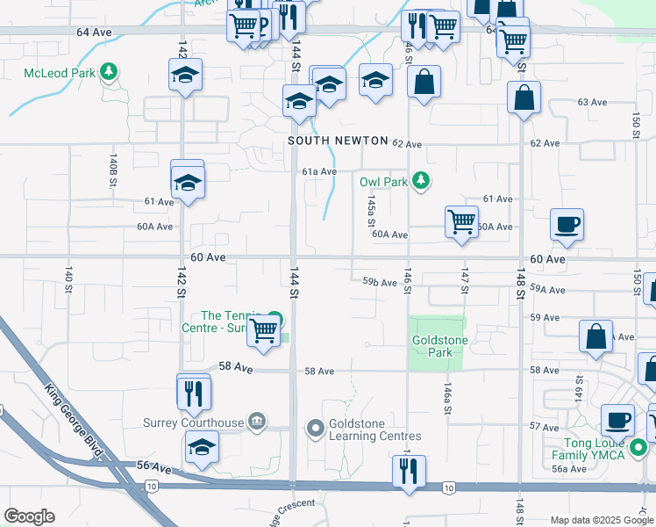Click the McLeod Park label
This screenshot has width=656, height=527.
(x=60, y=73)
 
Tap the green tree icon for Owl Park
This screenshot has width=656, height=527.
(x=422, y=181)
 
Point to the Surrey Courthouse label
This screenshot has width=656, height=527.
(x=193, y=422)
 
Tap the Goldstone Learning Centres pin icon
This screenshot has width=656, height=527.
(x=316, y=429)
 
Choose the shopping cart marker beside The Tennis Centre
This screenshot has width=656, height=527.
(x=264, y=330)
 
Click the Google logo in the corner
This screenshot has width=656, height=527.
(x=28, y=516)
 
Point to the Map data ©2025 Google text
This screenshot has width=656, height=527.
(x=601, y=520)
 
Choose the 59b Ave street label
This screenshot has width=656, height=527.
(x=380, y=283)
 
